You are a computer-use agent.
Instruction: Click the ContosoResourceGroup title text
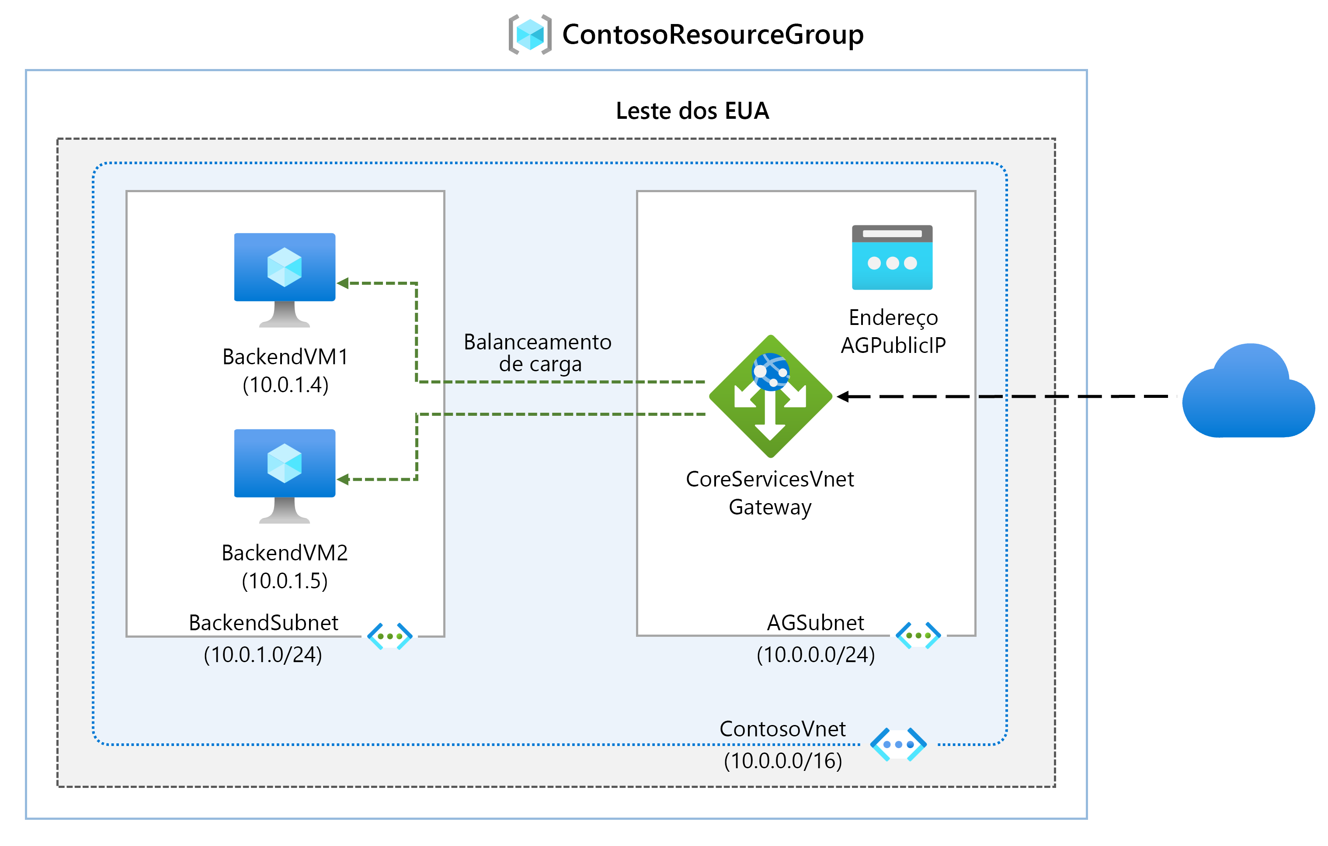click(x=713, y=35)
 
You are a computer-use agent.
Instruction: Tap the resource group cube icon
click(x=529, y=34)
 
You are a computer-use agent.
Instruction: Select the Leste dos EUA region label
click(x=692, y=111)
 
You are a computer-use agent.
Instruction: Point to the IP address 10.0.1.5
click(x=285, y=581)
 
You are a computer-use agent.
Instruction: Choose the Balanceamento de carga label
click(x=538, y=353)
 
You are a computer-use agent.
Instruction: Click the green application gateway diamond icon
click(x=770, y=396)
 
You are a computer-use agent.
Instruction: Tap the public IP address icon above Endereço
click(x=892, y=257)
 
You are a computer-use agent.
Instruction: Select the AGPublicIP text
click(x=893, y=345)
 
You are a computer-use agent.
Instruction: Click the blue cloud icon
click(x=1248, y=392)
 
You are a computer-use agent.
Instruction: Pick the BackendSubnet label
click(x=263, y=623)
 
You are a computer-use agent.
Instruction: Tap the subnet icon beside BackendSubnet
click(x=390, y=636)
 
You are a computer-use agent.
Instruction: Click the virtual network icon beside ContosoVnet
click(x=898, y=744)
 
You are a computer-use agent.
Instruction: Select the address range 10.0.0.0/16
click(x=782, y=761)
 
